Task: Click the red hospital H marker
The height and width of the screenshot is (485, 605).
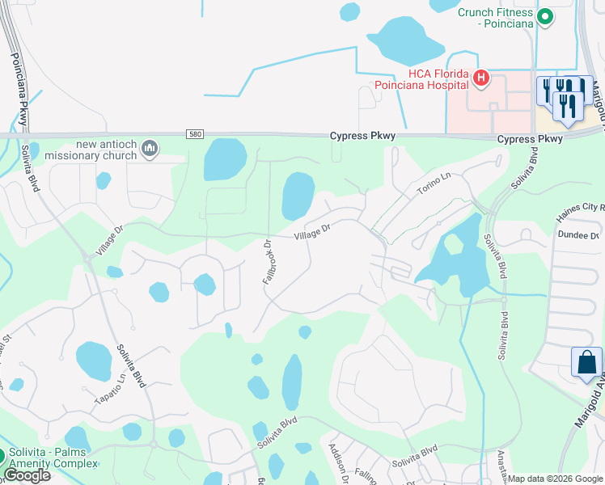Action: (x=481, y=78)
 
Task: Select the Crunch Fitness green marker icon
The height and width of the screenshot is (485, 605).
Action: (x=545, y=15)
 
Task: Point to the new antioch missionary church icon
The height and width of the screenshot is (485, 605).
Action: (x=149, y=148)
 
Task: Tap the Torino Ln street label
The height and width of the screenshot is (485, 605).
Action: (x=433, y=183)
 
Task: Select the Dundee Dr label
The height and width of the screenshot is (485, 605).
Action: (x=577, y=234)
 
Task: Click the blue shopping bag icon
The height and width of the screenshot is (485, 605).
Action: (x=586, y=363)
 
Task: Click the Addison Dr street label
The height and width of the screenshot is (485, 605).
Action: (x=337, y=462)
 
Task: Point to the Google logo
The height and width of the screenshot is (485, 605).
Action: (x=26, y=475)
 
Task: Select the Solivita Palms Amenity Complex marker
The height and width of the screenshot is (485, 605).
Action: (x=3, y=458)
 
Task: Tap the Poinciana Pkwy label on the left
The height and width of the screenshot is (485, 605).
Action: (x=19, y=89)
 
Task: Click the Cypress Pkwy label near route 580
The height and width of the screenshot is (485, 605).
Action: (x=362, y=137)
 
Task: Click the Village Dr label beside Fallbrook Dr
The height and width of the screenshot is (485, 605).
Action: (x=312, y=232)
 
